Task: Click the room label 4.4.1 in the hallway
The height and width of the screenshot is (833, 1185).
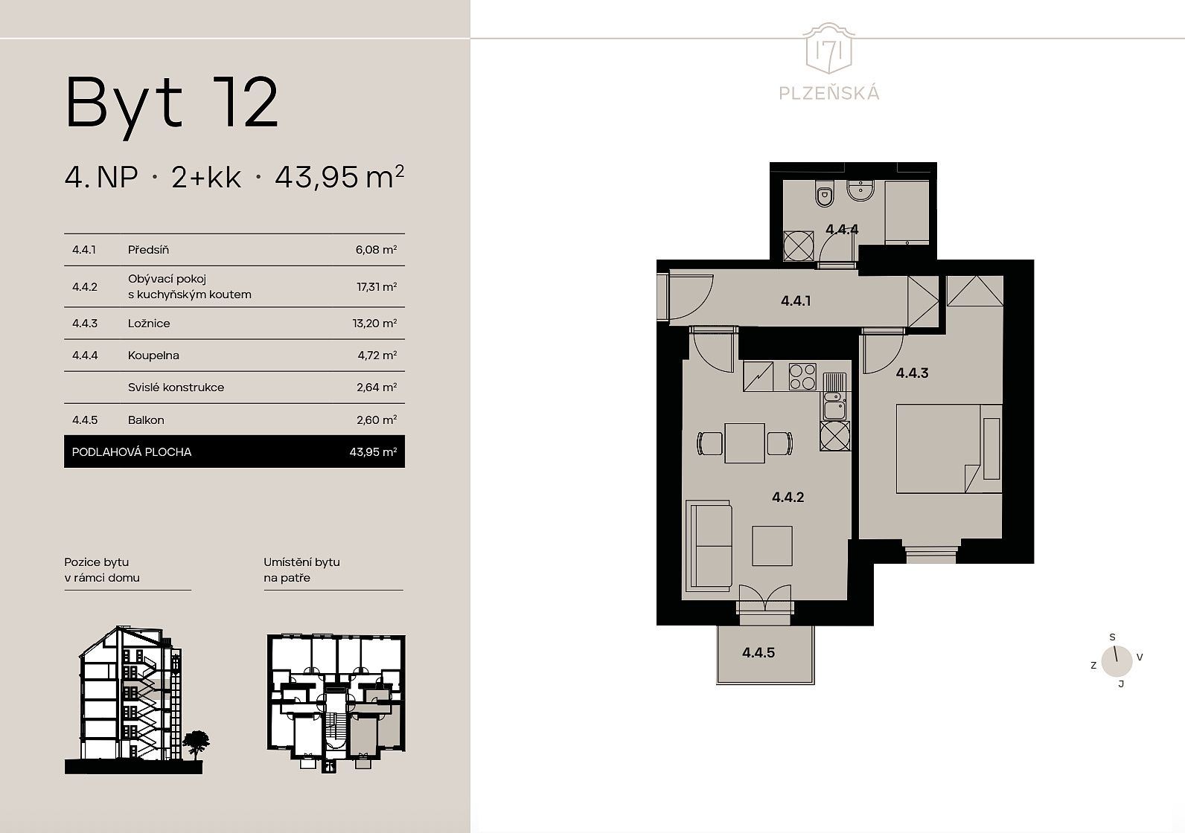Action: coord(796,300)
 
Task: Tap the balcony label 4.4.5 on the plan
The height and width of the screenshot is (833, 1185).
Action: coord(758,653)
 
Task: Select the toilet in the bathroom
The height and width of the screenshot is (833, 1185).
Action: coord(824,193)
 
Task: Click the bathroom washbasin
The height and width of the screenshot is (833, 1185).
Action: coord(860,191)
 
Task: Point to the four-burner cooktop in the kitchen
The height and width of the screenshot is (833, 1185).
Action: coord(802,376)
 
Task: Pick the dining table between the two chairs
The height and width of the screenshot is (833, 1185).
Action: coord(744,443)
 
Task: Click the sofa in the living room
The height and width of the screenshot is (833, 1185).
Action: coord(709,546)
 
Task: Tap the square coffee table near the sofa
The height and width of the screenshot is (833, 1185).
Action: coord(773,545)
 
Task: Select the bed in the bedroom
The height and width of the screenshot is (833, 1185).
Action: coord(949,448)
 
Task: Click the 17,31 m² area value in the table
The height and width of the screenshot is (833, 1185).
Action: coord(377,286)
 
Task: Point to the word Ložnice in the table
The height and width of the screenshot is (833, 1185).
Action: coord(149,323)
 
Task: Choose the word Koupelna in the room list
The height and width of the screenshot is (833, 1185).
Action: coord(153,356)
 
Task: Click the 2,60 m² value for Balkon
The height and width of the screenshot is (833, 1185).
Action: coord(377,419)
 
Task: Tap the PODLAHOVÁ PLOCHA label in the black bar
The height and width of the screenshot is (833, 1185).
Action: coord(132,452)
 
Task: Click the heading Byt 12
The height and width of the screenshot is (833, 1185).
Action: coord(171,104)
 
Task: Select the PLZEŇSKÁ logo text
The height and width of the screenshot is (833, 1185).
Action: coord(829,93)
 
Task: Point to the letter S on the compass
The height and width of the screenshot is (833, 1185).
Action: coord(1112,637)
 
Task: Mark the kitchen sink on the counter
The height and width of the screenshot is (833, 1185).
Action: coord(835,406)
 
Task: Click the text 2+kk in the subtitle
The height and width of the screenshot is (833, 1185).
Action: coord(205,177)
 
